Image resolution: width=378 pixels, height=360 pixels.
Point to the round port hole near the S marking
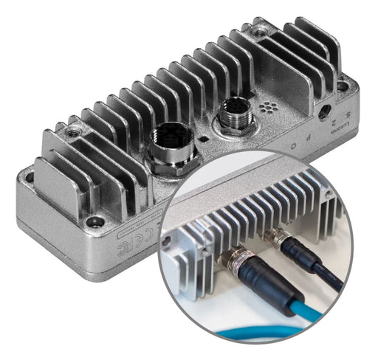pos(323,112)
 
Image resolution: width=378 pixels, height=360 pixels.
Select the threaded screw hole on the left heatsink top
pos(72,132)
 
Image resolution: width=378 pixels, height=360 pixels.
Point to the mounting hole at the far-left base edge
pos(29,178)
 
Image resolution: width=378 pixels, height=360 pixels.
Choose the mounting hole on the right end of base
pos(341,86)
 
